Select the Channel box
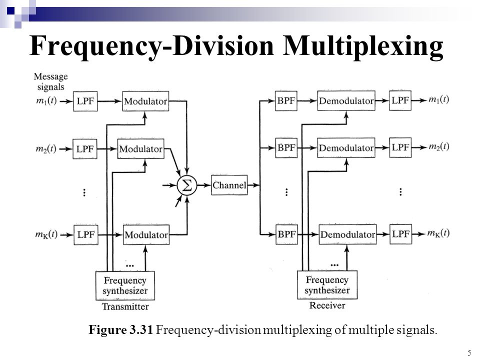(229, 186)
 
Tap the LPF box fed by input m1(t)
(83, 100)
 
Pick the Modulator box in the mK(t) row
(145, 234)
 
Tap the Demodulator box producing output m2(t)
(346, 148)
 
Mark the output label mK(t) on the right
(438, 233)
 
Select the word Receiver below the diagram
(327, 305)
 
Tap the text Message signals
(50, 80)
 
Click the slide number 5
(469, 353)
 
